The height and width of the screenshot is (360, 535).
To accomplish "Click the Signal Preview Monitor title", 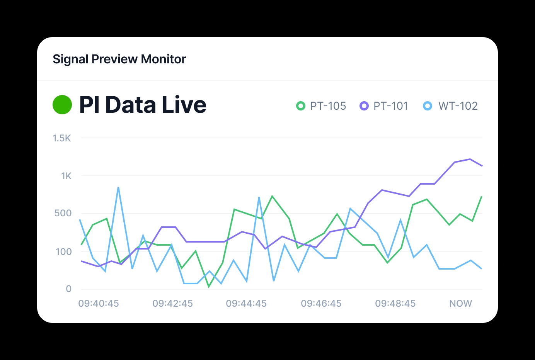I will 119,59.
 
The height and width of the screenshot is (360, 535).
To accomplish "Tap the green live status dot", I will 62,105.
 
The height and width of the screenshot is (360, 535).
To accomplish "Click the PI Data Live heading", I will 143,105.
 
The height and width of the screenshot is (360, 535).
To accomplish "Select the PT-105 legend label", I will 328,106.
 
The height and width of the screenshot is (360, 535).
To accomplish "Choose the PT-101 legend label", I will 391,106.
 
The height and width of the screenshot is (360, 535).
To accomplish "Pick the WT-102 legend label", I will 458,106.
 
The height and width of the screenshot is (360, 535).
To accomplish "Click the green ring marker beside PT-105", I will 300,106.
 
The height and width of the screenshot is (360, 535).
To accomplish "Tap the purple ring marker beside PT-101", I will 364,106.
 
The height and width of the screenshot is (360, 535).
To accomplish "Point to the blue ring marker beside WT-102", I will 427,106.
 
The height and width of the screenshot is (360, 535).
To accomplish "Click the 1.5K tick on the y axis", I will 62,138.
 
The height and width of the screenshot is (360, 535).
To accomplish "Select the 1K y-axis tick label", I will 66,176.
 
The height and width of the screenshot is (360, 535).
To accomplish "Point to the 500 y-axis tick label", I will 63,213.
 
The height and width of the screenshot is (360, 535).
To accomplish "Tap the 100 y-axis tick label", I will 64,252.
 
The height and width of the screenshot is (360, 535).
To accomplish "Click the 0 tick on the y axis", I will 68,289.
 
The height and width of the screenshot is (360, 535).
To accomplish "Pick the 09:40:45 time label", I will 99,304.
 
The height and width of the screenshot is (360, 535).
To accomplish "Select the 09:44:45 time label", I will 246,304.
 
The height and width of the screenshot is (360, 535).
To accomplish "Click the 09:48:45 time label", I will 395,304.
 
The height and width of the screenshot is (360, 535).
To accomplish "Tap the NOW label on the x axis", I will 460,304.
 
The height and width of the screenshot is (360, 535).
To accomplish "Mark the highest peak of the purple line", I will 470,159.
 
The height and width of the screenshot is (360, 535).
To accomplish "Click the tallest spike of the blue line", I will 118,187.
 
